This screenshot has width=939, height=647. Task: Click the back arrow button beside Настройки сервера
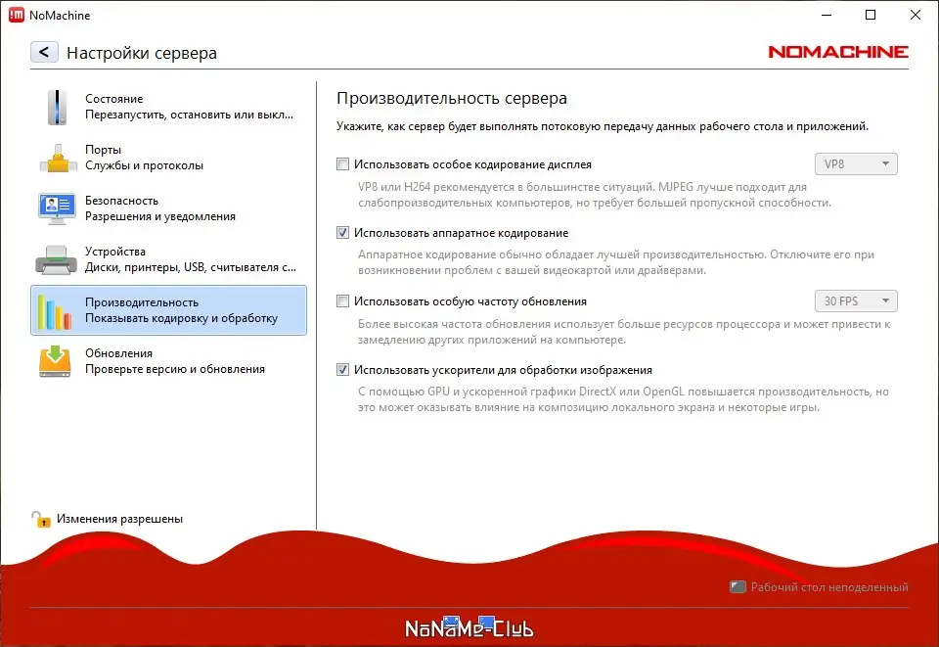point(45,52)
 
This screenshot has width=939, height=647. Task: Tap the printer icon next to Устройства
point(57,259)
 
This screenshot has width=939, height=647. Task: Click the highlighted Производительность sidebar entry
point(168,310)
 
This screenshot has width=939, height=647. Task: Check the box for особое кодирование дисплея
point(342,164)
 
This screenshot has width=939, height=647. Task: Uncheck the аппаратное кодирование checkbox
point(342,233)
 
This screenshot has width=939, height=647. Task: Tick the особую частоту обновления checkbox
point(342,301)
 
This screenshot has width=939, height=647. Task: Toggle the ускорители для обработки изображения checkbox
point(342,370)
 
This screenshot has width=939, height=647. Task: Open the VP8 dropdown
point(856,164)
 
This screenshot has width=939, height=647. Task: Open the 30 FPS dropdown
point(856,301)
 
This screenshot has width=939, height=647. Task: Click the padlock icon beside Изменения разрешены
point(41,519)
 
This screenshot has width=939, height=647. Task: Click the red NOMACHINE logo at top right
point(838,52)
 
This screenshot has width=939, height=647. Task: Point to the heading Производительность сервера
point(452,99)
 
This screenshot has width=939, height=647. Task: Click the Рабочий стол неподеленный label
point(828,587)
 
